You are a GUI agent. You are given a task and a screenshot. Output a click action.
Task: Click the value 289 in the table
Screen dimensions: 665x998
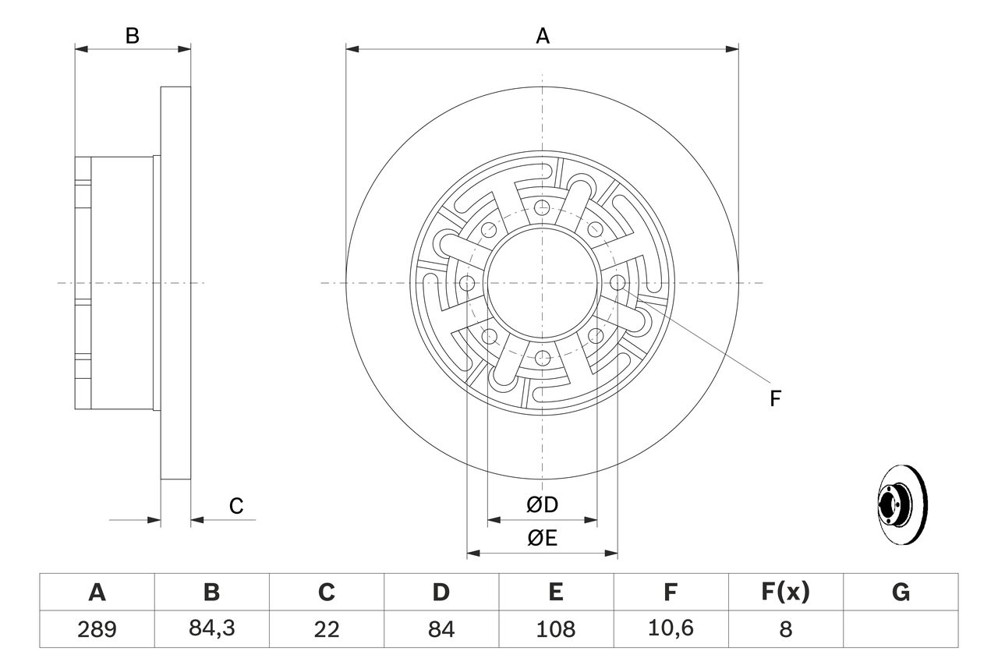pyautogui.click(x=97, y=628)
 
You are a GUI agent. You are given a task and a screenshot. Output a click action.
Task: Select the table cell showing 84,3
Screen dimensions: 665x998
pyautogui.click(x=211, y=628)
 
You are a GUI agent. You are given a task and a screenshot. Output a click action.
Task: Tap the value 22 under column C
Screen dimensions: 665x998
pyautogui.click(x=326, y=628)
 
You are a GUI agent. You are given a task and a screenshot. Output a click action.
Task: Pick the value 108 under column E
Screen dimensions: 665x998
pyautogui.click(x=555, y=628)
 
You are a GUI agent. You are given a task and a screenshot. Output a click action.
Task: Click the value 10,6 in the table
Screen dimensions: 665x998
pyautogui.click(x=670, y=628)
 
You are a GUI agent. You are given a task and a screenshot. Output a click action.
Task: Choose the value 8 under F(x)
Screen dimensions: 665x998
pyautogui.click(x=784, y=628)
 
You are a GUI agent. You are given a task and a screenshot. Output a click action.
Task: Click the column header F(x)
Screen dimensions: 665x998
pyautogui.click(x=784, y=592)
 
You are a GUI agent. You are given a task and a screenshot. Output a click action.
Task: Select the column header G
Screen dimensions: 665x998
pyautogui.click(x=901, y=592)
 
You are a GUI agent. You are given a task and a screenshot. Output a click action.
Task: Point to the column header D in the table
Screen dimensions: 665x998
pyautogui.click(x=441, y=592)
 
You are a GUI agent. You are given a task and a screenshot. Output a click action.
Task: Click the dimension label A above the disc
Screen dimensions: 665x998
pyautogui.click(x=542, y=36)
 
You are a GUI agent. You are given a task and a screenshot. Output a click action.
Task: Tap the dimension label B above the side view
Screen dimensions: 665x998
pyautogui.click(x=133, y=36)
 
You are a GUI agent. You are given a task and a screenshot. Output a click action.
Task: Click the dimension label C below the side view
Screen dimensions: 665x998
pyautogui.click(x=236, y=506)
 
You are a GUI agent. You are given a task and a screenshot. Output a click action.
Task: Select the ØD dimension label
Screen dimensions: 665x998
pyautogui.click(x=543, y=505)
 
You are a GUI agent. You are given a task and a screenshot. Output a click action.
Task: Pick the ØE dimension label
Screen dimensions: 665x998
pyautogui.click(x=543, y=539)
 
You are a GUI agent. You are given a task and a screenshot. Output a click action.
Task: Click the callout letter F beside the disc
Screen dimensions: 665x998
pyautogui.click(x=774, y=399)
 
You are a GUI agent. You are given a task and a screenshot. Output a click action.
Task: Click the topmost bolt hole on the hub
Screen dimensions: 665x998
pyautogui.click(x=542, y=207)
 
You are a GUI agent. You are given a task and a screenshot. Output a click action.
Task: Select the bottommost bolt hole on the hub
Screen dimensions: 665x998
pyautogui.click(x=542, y=358)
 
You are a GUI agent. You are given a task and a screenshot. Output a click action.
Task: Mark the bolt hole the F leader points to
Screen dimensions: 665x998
pyautogui.click(x=617, y=283)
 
